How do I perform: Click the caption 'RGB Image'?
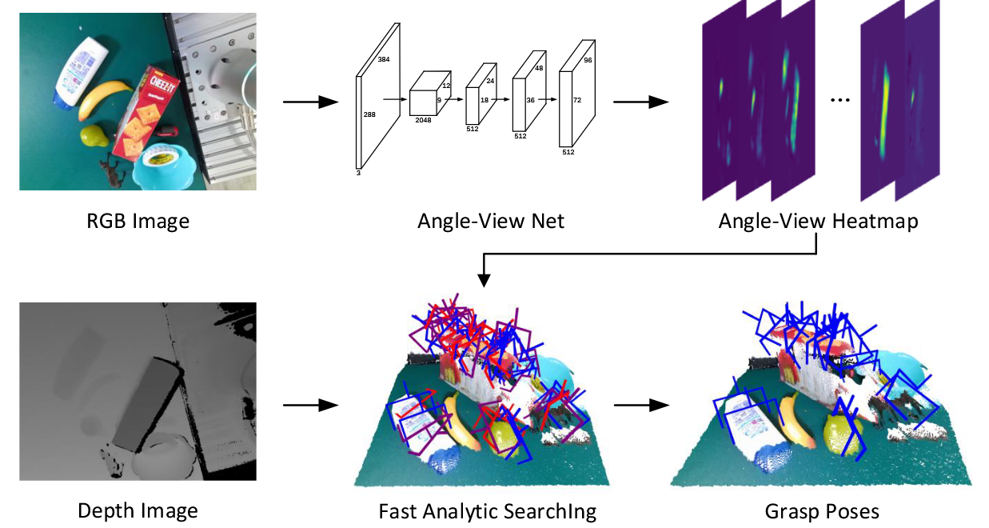[138, 221]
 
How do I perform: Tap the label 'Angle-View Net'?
[490, 221]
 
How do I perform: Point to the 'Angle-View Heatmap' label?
[818, 221]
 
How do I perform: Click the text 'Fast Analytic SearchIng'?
[487, 510]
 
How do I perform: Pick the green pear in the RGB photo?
[94, 135]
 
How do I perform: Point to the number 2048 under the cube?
[424, 122]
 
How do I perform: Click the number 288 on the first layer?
[369, 115]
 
